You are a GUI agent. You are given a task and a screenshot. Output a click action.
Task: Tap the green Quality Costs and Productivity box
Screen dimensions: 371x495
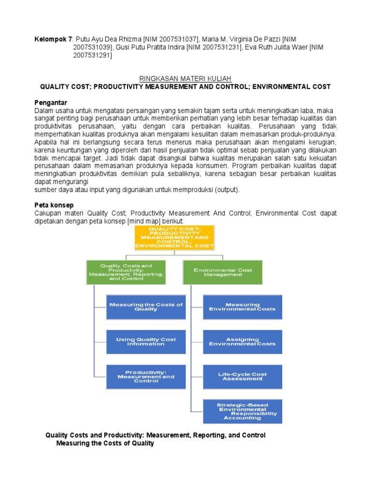click(126, 272)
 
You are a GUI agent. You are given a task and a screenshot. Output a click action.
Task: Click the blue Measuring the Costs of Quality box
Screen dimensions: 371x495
click(146, 307)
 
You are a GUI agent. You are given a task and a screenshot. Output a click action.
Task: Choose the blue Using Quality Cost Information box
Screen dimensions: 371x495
click(146, 342)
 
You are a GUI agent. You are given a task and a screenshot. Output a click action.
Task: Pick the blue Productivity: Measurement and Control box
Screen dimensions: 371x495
click(146, 377)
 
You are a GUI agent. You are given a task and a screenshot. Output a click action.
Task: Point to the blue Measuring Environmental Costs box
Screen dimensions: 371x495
click(243, 307)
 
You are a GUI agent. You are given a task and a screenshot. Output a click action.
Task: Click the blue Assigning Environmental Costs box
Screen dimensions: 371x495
click(243, 342)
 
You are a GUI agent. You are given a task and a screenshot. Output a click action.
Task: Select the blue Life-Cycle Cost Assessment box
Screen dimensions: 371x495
click(243, 377)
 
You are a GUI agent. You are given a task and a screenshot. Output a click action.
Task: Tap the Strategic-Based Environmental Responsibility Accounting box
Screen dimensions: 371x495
click(243, 411)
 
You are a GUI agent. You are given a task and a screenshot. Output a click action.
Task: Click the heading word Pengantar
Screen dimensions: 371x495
click(50, 103)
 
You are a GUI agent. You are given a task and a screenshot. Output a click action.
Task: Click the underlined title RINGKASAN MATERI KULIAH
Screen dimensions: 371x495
click(185, 78)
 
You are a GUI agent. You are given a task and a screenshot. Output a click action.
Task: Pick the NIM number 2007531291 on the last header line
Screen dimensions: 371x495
click(92, 56)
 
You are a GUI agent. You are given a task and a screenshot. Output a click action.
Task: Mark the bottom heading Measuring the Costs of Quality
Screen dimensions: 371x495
click(105, 443)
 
